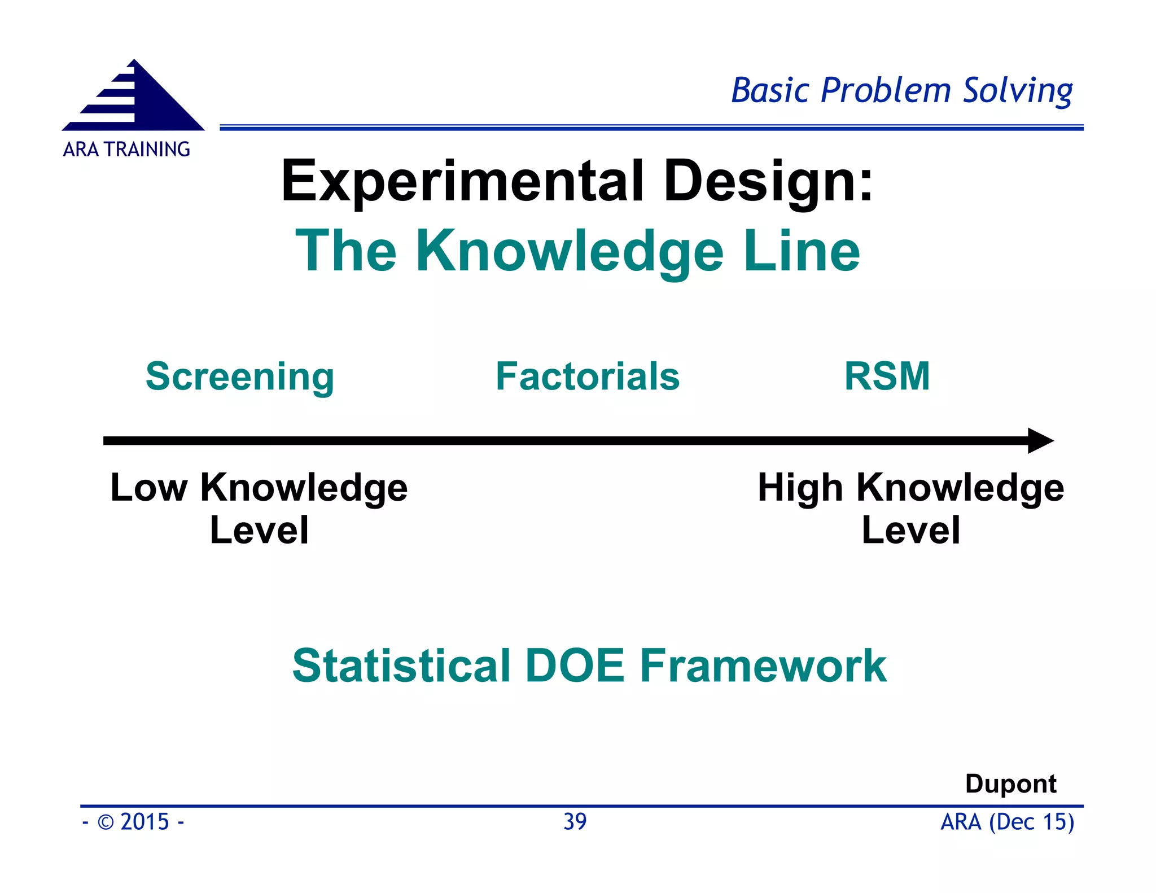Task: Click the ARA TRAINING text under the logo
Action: pos(126,150)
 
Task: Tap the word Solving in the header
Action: pos(1017,91)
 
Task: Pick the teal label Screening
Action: pos(240,377)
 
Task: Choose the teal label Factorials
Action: pos(588,377)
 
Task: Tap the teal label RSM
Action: pos(887,377)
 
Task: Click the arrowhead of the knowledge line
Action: pos(1039,441)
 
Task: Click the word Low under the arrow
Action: pos(148,488)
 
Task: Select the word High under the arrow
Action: pos(800,488)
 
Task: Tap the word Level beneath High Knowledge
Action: pos(910,531)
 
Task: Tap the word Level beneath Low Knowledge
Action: pos(259,531)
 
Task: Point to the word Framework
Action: pos(763,666)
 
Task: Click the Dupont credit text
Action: pos(1010,784)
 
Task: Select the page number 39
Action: pos(575,822)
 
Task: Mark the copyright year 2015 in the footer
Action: pos(144,822)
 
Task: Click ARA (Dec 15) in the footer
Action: pos(1007,822)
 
